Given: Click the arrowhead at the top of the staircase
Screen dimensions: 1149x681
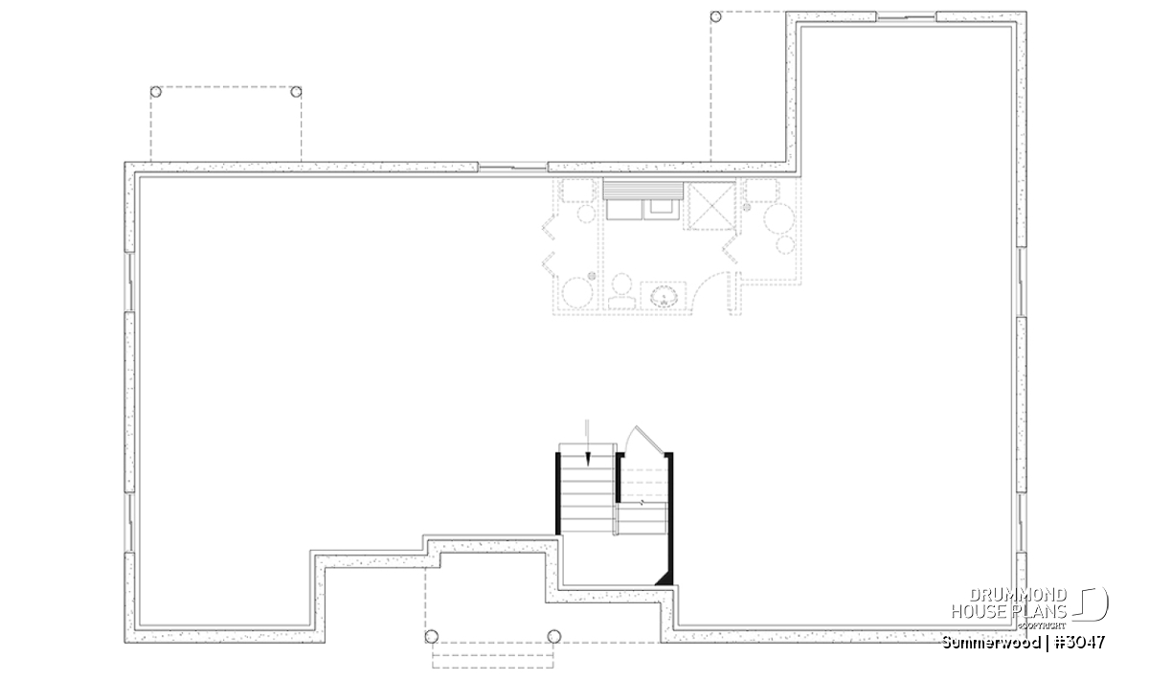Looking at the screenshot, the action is point(588,460).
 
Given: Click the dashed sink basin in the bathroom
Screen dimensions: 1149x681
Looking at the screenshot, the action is point(664,297).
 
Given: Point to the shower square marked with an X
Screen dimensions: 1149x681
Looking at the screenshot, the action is point(710,206).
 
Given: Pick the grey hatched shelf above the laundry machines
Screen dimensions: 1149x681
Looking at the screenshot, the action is point(643,190).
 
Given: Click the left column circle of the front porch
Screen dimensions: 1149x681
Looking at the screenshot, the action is point(432,637).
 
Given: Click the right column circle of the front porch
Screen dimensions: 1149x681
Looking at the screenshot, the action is point(554,637).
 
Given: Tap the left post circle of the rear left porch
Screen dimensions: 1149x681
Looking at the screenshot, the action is point(156,92).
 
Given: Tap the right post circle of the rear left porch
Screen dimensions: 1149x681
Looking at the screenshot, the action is point(296,92).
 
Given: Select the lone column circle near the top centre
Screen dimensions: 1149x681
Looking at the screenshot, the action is point(715,17).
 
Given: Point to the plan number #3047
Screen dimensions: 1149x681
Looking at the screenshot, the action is point(1080,642).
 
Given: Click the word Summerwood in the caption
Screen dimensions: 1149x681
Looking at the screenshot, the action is point(991,642).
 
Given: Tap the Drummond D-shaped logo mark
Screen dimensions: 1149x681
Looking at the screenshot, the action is point(1091,604).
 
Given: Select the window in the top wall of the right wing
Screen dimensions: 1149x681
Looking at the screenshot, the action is point(907,17).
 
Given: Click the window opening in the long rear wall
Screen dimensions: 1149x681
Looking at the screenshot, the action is point(513,167).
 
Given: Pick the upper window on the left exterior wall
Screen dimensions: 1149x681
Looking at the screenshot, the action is point(130,282).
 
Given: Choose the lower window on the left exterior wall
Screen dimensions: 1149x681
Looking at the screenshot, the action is point(130,522).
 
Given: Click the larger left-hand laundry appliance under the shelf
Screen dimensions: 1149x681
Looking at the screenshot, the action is point(624,210).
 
